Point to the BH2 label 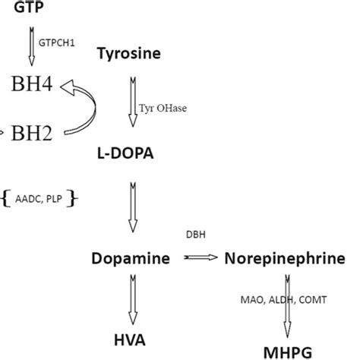32,134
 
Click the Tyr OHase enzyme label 163,108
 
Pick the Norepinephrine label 285,259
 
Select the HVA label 130,339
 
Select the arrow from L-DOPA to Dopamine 133,205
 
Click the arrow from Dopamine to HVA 133,300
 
